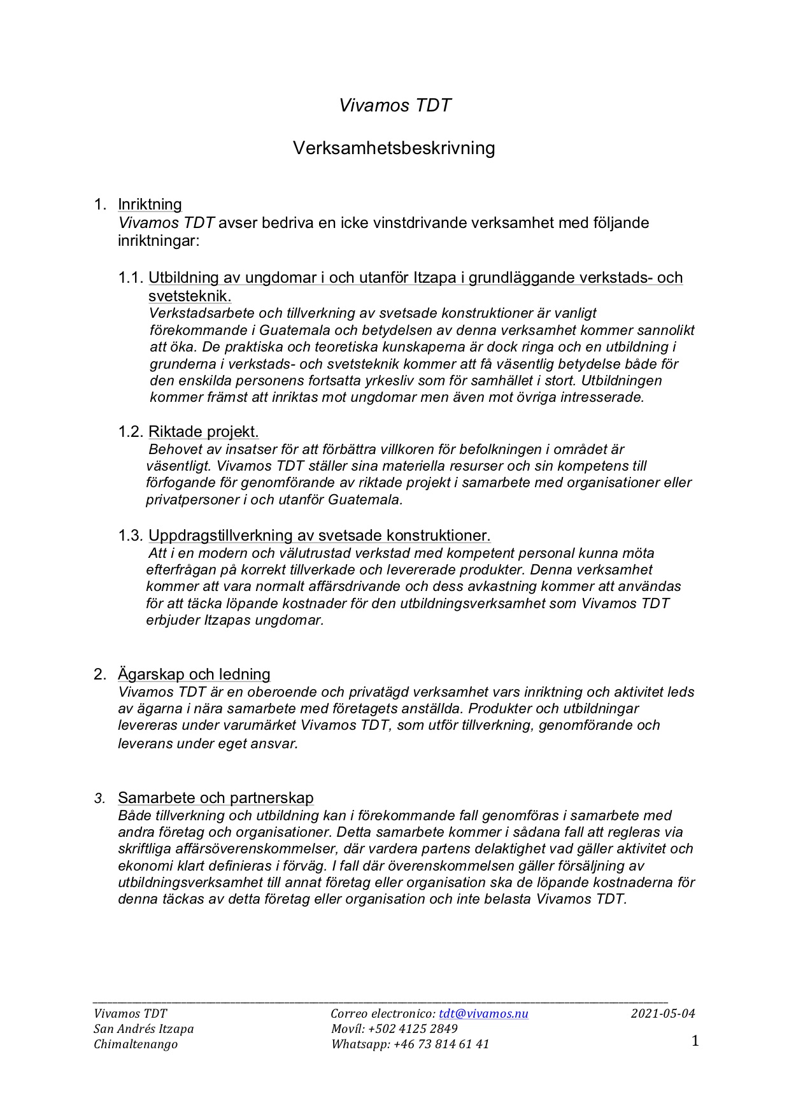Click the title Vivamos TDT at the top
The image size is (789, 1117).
click(x=394, y=106)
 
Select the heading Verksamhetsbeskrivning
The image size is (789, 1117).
click(x=394, y=148)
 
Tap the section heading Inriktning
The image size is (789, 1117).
click(x=150, y=204)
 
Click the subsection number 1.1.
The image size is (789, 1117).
click(x=130, y=278)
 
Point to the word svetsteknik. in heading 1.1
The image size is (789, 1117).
click(x=189, y=296)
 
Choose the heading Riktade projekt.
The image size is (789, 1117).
click(x=203, y=432)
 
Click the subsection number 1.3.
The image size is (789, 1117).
click(x=130, y=536)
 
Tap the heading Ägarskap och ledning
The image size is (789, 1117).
click(x=194, y=674)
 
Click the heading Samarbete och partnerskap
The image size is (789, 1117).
click(x=215, y=798)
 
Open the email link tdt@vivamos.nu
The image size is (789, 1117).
click(x=483, y=1014)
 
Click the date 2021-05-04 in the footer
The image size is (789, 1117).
click(x=663, y=1014)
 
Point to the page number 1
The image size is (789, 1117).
click(x=695, y=1041)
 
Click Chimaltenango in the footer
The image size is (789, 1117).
click(x=136, y=1044)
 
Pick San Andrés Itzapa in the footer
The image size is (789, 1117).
click(x=143, y=1029)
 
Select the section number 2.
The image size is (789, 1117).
click(x=99, y=674)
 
